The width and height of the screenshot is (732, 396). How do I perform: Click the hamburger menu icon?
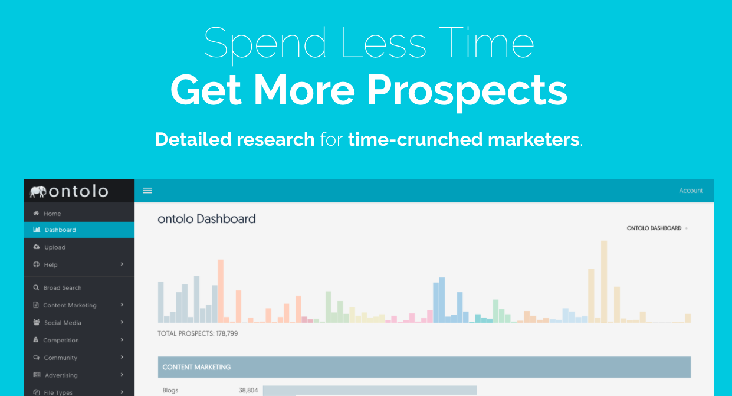click(147, 191)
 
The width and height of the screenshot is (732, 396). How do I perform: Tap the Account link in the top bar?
click(691, 191)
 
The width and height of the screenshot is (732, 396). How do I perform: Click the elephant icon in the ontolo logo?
click(38, 192)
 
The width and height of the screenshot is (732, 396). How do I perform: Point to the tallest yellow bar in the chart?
click(604, 282)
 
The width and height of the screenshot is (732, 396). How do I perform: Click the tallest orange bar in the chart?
click(221, 291)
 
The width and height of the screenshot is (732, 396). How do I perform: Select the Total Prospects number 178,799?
click(227, 333)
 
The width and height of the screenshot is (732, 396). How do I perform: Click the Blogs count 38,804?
click(248, 390)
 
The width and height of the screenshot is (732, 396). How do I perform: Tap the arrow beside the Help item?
click(122, 264)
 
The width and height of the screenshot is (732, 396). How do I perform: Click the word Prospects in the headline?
click(467, 90)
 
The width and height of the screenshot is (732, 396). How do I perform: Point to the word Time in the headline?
click(487, 43)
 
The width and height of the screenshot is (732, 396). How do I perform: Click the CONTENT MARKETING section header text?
click(196, 367)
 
